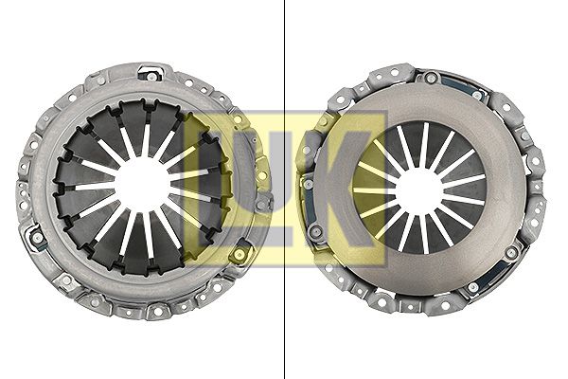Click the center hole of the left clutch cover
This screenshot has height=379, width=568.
[x=142, y=187]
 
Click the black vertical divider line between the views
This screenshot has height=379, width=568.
[x=284, y=189]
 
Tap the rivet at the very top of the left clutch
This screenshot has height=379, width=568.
[x=151, y=77]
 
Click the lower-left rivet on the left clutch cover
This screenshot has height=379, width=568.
[x=38, y=238]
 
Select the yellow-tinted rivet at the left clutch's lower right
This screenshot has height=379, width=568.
[x=240, y=254]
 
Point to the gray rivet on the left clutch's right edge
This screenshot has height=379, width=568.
[x=261, y=206]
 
